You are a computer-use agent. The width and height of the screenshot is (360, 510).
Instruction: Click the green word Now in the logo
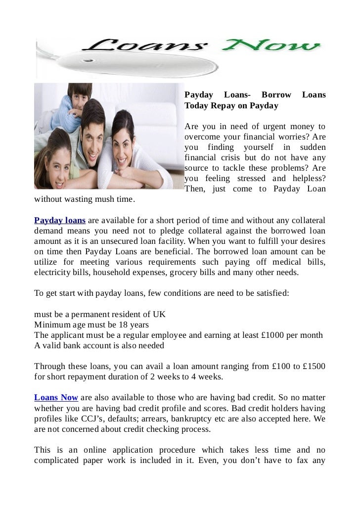[x=273, y=48]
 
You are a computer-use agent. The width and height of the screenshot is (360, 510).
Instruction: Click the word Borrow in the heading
[x=276, y=95]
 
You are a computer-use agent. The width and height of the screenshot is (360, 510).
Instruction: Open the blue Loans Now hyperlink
[x=56, y=398]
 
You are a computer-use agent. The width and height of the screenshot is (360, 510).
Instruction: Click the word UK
[x=160, y=315]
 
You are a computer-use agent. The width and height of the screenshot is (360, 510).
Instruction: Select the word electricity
[x=52, y=272]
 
